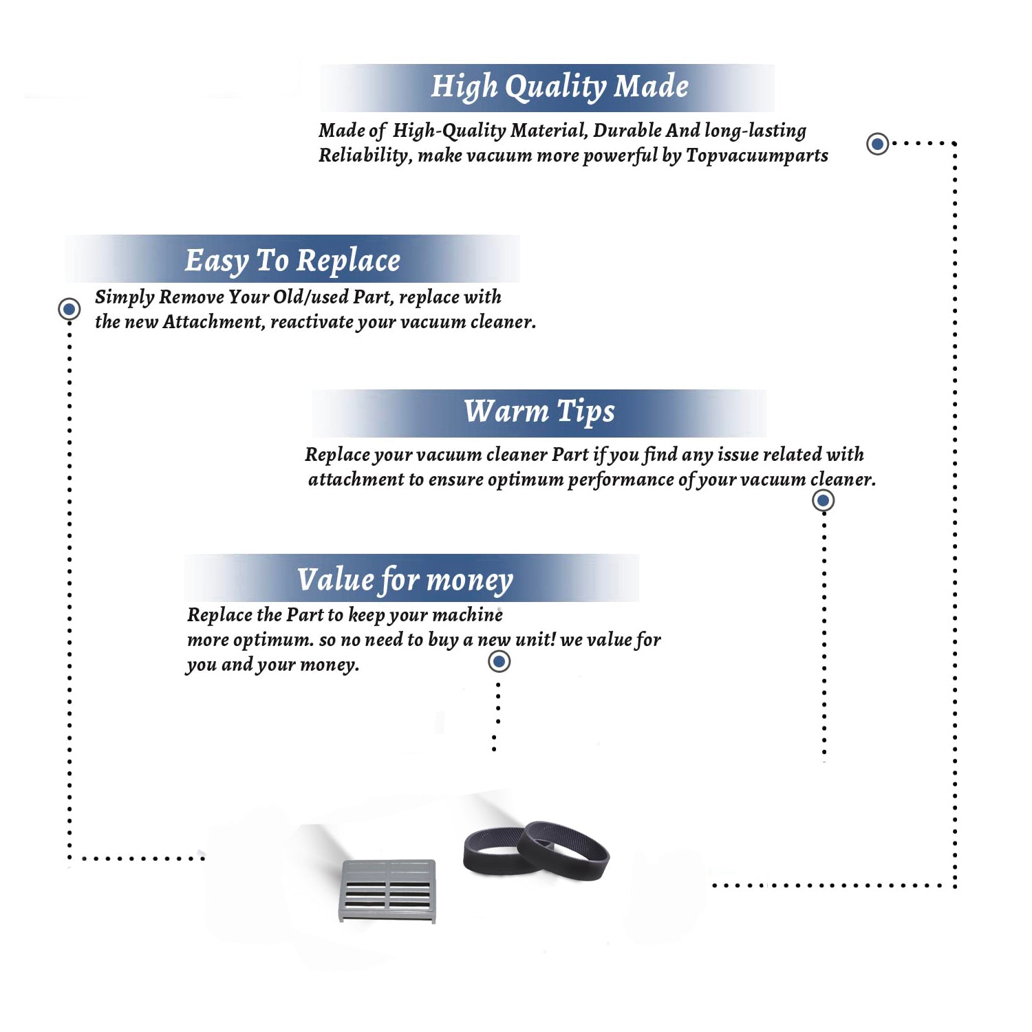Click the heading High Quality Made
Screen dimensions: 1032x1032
[x=559, y=87]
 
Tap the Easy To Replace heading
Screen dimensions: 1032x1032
[x=292, y=261]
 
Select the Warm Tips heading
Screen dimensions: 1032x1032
[x=539, y=412]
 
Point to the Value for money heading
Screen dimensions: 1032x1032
[x=405, y=580]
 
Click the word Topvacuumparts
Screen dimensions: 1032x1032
[x=757, y=156]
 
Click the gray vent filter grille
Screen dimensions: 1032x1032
[x=388, y=890]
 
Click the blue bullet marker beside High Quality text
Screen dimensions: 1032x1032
[x=877, y=144]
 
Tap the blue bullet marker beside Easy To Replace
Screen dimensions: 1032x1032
[x=69, y=309]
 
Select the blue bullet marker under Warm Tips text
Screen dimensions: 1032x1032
[x=823, y=500]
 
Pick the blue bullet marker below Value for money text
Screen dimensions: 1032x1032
[x=499, y=661]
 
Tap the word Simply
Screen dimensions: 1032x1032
[x=125, y=297]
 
